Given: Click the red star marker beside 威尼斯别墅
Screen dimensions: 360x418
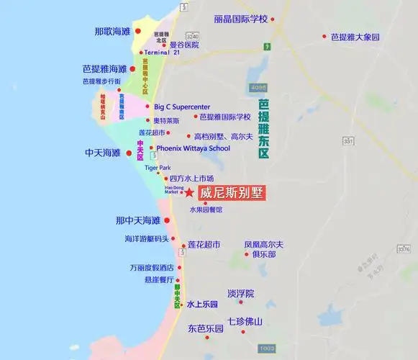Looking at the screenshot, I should [x=188, y=193].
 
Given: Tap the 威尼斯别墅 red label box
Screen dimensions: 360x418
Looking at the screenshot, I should [x=232, y=193].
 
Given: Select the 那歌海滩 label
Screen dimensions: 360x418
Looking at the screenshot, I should [x=113, y=32].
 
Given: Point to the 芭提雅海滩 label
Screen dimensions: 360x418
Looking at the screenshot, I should [x=105, y=69].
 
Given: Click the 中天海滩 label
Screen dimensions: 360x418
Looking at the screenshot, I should [x=103, y=153].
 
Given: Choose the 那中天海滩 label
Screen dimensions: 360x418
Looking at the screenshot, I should [x=138, y=220].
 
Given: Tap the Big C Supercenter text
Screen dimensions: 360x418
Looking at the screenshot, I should [x=182, y=107].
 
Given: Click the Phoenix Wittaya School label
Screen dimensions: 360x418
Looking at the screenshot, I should [x=194, y=148].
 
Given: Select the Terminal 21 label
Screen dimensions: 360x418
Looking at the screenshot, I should [x=162, y=53].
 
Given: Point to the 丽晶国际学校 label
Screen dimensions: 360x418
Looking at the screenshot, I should [x=240, y=19].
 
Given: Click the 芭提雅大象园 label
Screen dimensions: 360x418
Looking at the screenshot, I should [x=355, y=36].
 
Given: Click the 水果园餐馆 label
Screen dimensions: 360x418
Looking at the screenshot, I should [x=206, y=210].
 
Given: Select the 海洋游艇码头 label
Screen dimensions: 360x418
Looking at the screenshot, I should [x=147, y=238].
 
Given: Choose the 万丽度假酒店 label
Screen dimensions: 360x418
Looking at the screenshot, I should [x=152, y=267].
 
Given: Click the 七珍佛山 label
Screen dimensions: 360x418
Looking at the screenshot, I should [x=245, y=322].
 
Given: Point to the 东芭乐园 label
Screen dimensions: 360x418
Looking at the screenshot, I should [x=206, y=328].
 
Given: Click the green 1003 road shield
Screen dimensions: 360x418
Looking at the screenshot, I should [x=268, y=348].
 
